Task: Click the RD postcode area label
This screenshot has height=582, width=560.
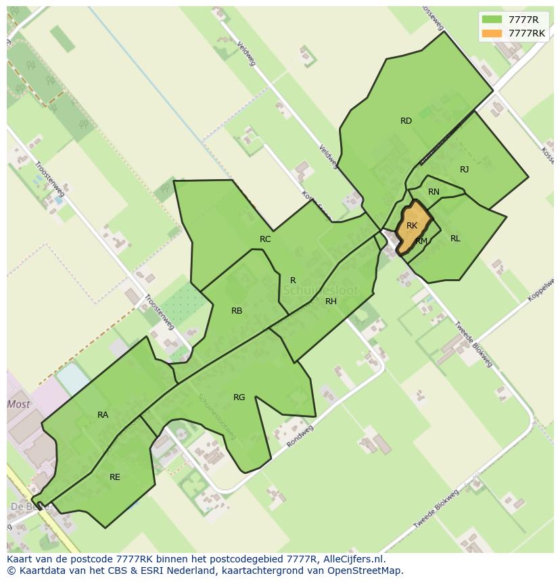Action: coord(406,121)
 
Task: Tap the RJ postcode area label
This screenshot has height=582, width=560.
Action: coord(464,170)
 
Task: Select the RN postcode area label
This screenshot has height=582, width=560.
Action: coord(434,192)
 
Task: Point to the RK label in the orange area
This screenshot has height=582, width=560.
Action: coord(412,226)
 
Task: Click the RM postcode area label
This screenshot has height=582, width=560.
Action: coord(421,241)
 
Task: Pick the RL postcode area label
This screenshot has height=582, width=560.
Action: coord(455,239)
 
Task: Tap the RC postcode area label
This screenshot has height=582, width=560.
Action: coord(265,239)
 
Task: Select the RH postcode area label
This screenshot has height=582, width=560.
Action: coord(331,301)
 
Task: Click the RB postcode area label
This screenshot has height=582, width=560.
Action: coord(237,311)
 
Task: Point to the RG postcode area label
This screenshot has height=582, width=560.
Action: coord(239,397)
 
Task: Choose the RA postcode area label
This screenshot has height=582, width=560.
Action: coord(103,415)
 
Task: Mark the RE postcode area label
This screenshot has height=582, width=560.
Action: coord(115,477)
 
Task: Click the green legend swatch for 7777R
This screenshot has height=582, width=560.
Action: coord(492,20)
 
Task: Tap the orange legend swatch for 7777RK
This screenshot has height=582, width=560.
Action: coord(492,33)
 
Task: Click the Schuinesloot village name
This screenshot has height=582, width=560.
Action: coord(320,291)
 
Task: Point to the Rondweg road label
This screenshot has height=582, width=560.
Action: coord(300,436)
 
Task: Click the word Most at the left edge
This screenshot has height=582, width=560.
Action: coord(19,404)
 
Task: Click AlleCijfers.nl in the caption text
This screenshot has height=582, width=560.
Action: coord(351,559)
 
